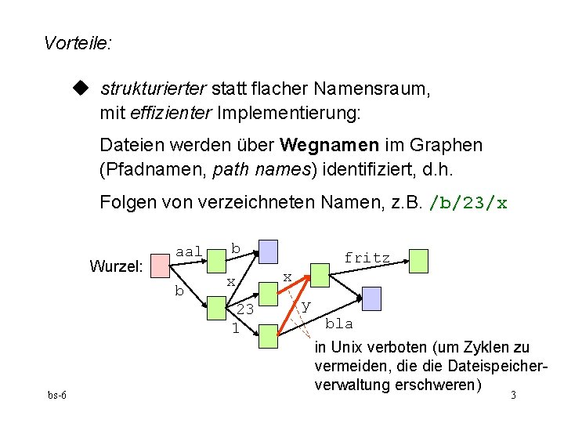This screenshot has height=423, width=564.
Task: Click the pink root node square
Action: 161,266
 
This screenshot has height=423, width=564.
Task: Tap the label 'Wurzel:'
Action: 116,266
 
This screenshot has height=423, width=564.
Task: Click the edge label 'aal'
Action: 189,251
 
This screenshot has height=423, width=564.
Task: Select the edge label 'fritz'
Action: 367,257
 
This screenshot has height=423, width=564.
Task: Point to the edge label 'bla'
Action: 339,324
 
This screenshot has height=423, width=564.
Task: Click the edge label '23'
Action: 245,309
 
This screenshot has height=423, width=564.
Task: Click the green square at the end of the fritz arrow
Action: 419,261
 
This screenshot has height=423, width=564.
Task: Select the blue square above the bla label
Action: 371,298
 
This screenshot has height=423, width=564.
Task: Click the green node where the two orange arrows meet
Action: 320,274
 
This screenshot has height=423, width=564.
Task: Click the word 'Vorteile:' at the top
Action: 78,43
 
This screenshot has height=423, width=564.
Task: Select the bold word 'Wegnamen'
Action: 325,146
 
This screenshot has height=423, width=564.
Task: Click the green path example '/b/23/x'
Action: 468,204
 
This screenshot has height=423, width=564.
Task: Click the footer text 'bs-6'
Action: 56,395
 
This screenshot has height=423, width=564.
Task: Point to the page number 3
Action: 513,395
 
